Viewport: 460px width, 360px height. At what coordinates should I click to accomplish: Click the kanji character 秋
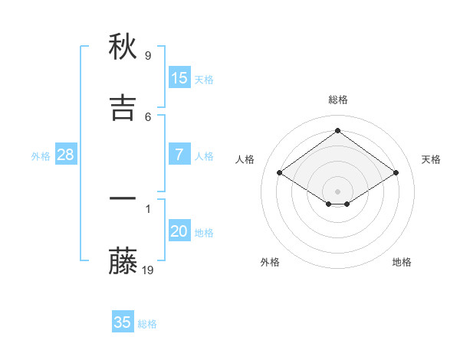[x=123, y=47]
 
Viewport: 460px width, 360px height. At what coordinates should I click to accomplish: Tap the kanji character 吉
[x=123, y=108]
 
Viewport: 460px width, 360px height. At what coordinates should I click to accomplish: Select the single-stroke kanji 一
[x=123, y=198]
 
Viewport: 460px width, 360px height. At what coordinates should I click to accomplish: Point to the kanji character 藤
[x=123, y=263]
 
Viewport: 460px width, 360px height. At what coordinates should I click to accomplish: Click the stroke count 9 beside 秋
[x=148, y=56]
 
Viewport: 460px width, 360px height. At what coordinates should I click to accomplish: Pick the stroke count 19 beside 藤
[x=148, y=270]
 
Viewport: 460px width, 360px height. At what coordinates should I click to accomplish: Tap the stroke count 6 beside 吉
[x=148, y=116]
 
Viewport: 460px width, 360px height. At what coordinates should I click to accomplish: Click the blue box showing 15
[x=179, y=78]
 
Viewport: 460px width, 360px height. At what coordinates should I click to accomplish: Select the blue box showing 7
[x=179, y=155]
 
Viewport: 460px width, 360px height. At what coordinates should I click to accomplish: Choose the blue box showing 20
[x=179, y=231]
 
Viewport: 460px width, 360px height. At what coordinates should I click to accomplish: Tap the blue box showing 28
[x=66, y=155]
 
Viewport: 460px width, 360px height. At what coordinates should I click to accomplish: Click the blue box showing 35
[x=123, y=322]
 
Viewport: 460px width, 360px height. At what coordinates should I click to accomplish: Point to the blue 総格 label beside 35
[x=147, y=324]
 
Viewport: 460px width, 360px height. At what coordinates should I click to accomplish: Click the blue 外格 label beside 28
[x=41, y=156]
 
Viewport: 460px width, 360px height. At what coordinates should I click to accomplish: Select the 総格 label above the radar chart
[x=338, y=100]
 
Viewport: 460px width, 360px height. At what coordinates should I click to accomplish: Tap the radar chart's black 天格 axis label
[x=431, y=159]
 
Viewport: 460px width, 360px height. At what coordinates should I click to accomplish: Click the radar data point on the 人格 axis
[x=280, y=173]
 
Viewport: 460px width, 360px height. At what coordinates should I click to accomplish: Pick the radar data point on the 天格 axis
[x=396, y=173]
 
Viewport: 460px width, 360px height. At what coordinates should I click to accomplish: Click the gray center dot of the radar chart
[x=338, y=191]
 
